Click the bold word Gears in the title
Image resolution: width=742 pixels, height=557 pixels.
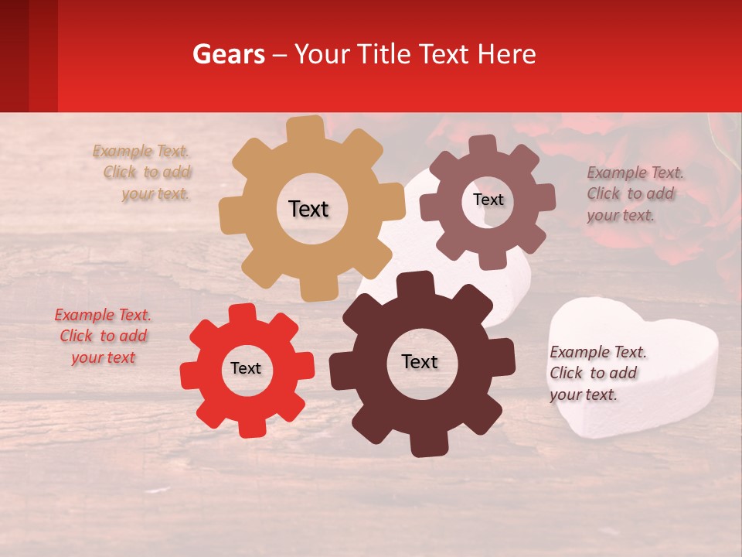228,54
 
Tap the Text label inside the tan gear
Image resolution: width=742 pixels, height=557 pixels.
308,209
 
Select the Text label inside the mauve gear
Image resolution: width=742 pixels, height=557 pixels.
488,200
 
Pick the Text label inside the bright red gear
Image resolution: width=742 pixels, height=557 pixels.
246,368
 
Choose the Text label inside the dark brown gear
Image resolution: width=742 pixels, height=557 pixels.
420,361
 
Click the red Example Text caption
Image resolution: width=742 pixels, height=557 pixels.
103,336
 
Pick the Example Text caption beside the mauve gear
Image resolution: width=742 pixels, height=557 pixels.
634,193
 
